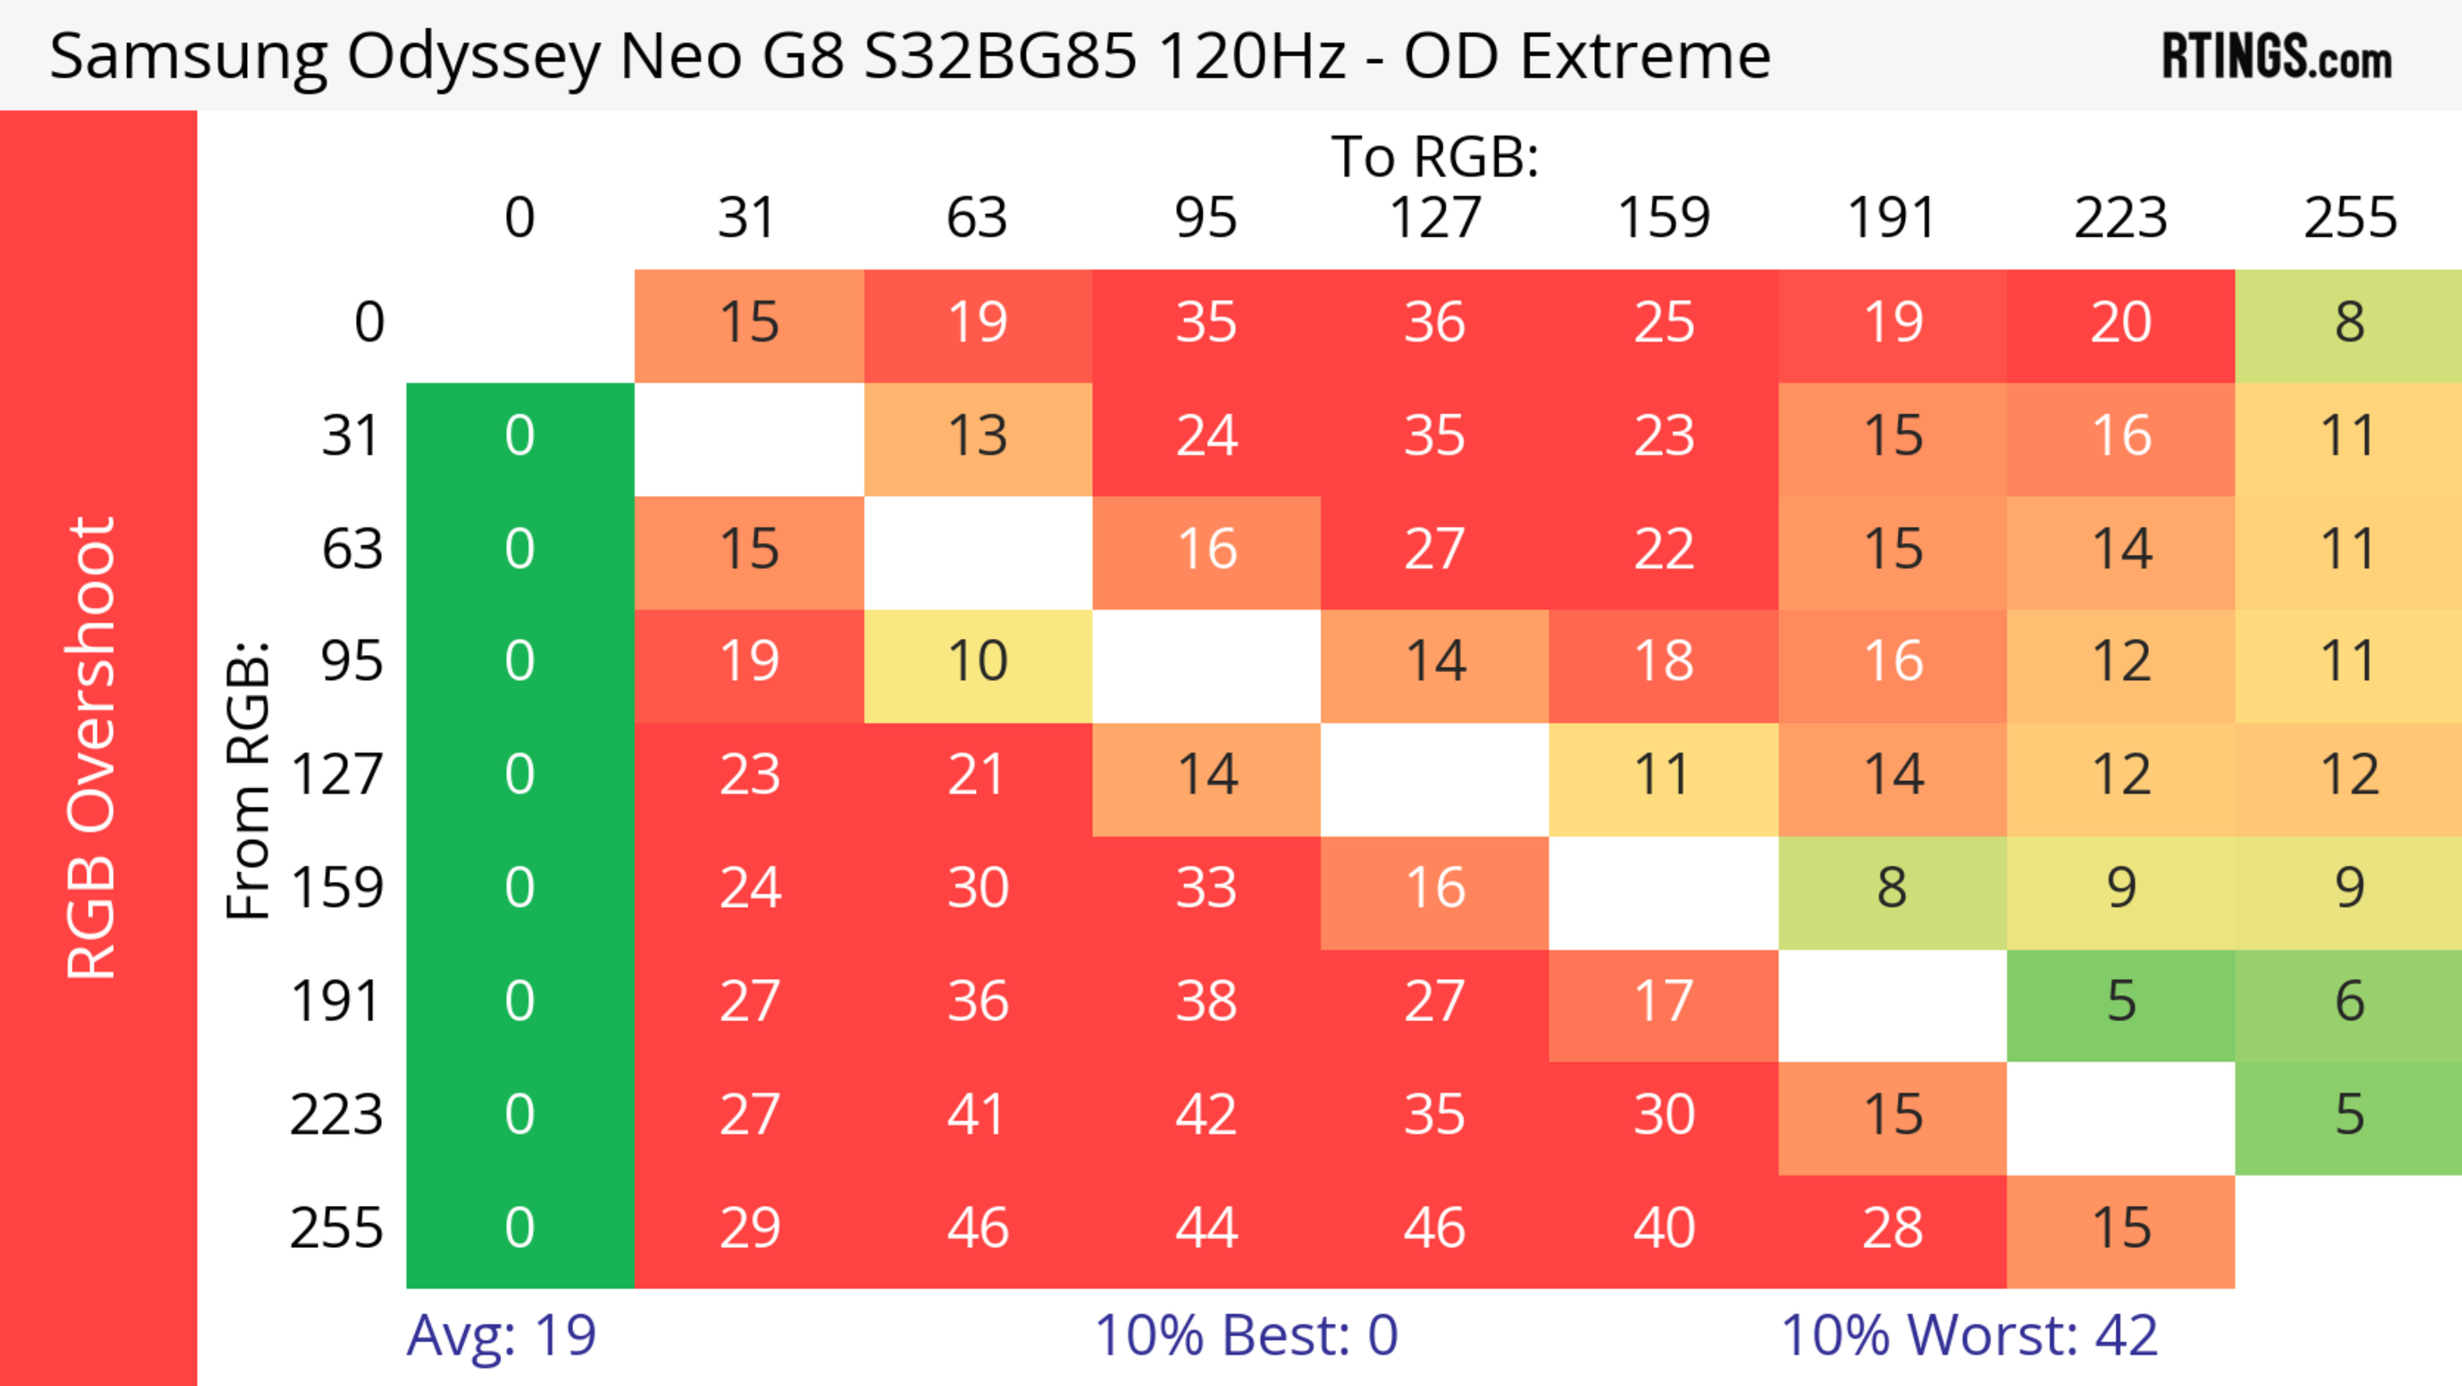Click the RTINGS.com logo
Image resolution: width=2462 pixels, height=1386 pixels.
(2277, 55)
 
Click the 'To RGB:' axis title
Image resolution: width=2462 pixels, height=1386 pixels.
(1435, 156)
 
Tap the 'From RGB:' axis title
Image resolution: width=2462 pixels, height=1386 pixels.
(247, 780)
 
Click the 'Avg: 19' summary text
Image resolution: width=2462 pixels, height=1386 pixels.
(501, 1335)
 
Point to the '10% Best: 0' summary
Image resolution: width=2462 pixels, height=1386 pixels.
(1245, 1335)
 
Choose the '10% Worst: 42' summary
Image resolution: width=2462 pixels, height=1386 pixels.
(1969, 1335)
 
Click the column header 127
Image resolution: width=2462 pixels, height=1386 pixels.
(1435, 218)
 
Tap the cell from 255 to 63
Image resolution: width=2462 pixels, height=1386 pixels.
(978, 1228)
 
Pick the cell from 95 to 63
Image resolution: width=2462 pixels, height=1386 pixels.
(978, 661)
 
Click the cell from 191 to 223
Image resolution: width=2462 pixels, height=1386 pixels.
(2121, 1001)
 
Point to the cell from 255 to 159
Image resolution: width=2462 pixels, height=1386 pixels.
(1664, 1228)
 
